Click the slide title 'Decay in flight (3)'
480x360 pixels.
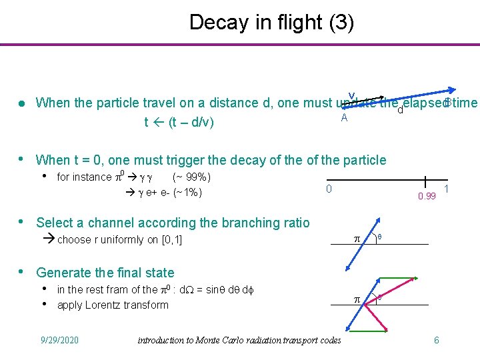click(271, 22)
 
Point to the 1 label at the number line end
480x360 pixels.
click(446, 189)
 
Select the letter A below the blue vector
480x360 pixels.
click(344, 118)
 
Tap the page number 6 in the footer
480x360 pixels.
click(436, 340)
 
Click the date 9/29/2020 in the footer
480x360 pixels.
click(59, 340)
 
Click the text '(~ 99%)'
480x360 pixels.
click(192, 177)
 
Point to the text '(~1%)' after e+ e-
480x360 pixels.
click(187, 193)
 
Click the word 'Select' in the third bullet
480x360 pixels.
click(55, 223)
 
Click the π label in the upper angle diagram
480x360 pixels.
click(356, 238)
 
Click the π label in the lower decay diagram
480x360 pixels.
click(356, 300)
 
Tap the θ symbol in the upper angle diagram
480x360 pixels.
click(380, 237)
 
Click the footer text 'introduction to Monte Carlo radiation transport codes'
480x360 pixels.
click(239, 340)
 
